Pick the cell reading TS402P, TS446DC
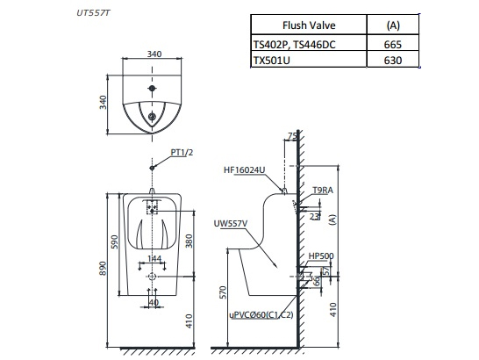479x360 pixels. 299,44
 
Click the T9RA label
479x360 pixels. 322,190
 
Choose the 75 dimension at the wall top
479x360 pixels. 291,136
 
